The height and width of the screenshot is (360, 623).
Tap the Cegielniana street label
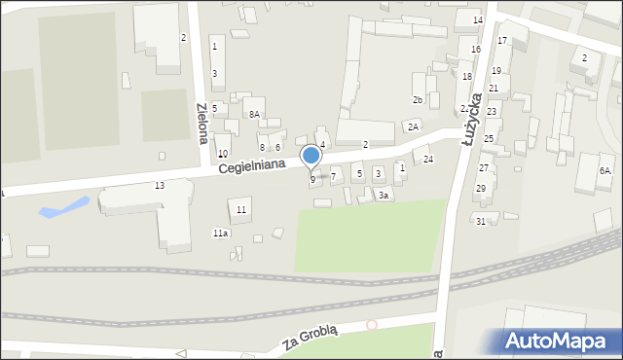pyautogui.click(x=251, y=166)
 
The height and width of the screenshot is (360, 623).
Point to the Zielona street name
pyautogui.click(x=202, y=123)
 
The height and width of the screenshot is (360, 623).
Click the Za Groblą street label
pyautogui.click(x=310, y=340)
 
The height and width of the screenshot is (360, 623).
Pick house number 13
pyautogui.click(x=160, y=185)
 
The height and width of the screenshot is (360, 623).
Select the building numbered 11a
pyautogui.click(x=221, y=233)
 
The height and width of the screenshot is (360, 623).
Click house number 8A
pyautogui.click(x=254, y=115)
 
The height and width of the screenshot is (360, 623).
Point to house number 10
pyautogui.click(x=223, y=154)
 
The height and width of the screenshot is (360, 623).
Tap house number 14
pyautogui.click(x=477, y=20)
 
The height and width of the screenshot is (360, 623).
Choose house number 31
pyautogui.click(x=481, y=221)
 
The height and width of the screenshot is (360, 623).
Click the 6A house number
pyautogui.click(x=605, y=171)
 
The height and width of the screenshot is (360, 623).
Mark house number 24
pyautogui.click(x=428, y=160)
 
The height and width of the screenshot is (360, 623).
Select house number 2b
pyautogui.click(x=418, y=100)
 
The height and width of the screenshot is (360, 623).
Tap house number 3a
pyautogui.click(x=385, y=196)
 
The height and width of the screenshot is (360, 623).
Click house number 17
pyautogui.click(x=502, y=41)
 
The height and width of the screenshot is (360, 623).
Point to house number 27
pyautogui.click(x=483, y=168)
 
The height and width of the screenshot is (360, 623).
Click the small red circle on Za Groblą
pyautogui.click(x=370, y=325)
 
